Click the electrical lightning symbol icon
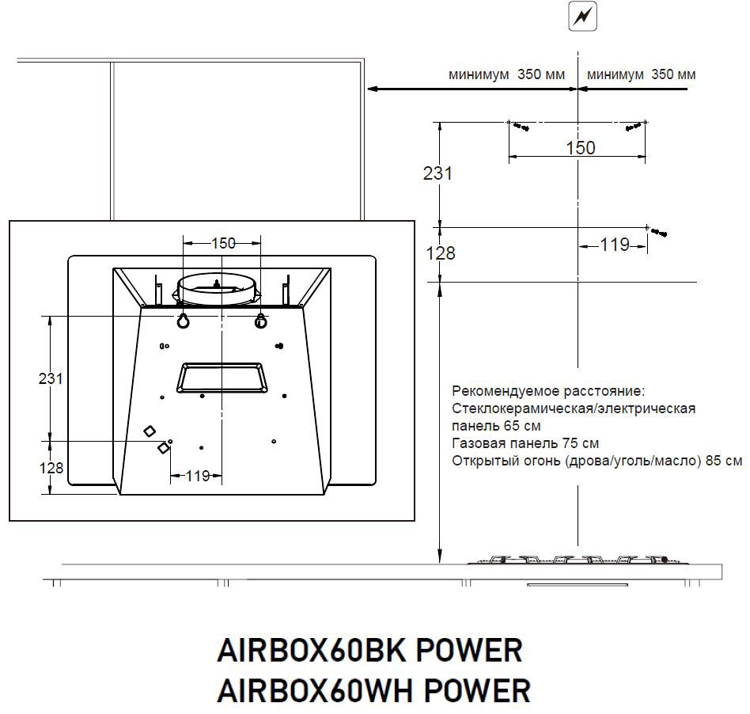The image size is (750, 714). click(x=582, y=17)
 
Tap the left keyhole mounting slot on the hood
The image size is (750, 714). click(x=184, y=321)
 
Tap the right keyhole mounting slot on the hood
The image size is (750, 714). click(x=261, y=321)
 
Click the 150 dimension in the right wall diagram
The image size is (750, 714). click(x=581, y=148)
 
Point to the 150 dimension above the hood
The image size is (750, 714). click(x=223, y=244)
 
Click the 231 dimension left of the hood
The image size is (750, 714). click(x=51, y=378)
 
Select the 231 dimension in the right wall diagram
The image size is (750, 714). click(x=437, y=173)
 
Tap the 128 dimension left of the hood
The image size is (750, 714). click(x=51, y=468)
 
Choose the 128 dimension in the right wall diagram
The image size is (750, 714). click(x=441, y=253)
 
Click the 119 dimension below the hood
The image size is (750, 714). click(x=198, y=476)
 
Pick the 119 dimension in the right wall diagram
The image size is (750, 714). click(x=615, y=245)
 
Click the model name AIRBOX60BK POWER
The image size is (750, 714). click(x=369, y=650)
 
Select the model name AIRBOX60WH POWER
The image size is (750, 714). click(x=373, y=690)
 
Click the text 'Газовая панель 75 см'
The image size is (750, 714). click(x=525, y=443)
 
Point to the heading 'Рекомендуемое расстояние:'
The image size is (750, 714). click(x=548, y=391)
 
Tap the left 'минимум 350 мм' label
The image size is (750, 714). click(x=506, y=74)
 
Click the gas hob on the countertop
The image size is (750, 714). click(x=579, y=560)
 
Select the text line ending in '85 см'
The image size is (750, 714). click(x=597, y=461)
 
